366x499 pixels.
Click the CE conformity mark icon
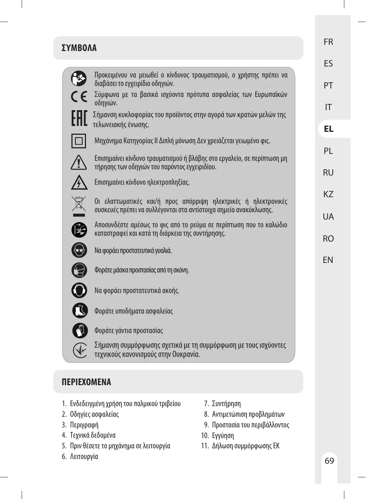click(x=79, y=97)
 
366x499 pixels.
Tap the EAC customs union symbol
click(x=79, y=118)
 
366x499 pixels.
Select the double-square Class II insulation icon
click(x=79, y=141)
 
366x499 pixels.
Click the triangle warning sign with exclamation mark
click(x=79, y=162)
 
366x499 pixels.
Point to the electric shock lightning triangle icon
click(x=79, y=182)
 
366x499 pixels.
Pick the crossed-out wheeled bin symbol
click(x=79, y=204)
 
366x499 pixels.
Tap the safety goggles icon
click(x=79, y=250)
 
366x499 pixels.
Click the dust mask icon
click(x=79, y=270)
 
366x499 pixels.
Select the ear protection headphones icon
click(x=79, y=290)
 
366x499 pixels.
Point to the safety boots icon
click(x=80, y=311)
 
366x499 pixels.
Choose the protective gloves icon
click(x=80, y=330)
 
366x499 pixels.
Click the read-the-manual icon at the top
click(x=79, y=78)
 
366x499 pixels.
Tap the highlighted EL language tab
click(x=329, y=129)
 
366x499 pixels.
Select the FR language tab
click(x=329, y=42)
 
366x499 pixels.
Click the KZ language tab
click(x=328, y=194)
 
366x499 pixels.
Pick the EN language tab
click(x=328, y=260)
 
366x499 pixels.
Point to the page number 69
click(x=329, y=461)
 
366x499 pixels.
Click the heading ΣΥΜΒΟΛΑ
click(x=79, y=48)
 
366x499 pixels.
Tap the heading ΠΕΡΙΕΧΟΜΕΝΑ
click(x=86, y=382)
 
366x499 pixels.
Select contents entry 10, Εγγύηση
click(x=223, y=435)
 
